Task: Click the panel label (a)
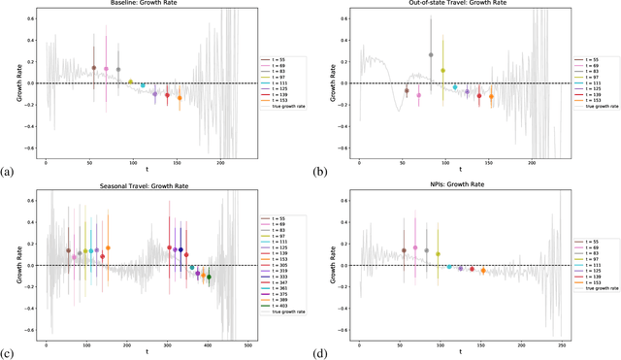tap(8, 172)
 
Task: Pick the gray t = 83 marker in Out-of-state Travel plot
tap(431, 55)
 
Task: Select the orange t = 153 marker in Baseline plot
tap(180, 97)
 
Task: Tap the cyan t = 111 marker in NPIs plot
tap(448, 266)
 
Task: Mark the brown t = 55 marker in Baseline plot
tap(94, 68)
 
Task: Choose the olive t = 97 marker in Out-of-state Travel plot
tap(442, 70)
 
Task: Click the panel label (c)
tap(8, 353)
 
